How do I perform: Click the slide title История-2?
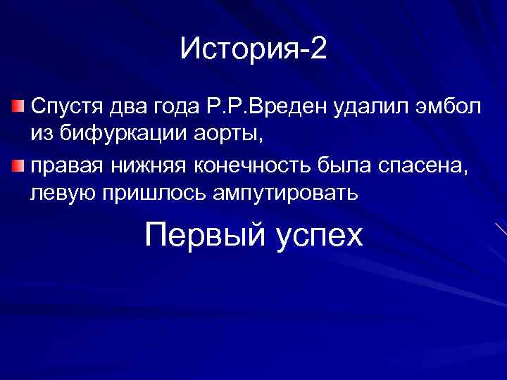[x=254, y=49]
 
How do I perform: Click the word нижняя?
[x=149, y=166]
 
